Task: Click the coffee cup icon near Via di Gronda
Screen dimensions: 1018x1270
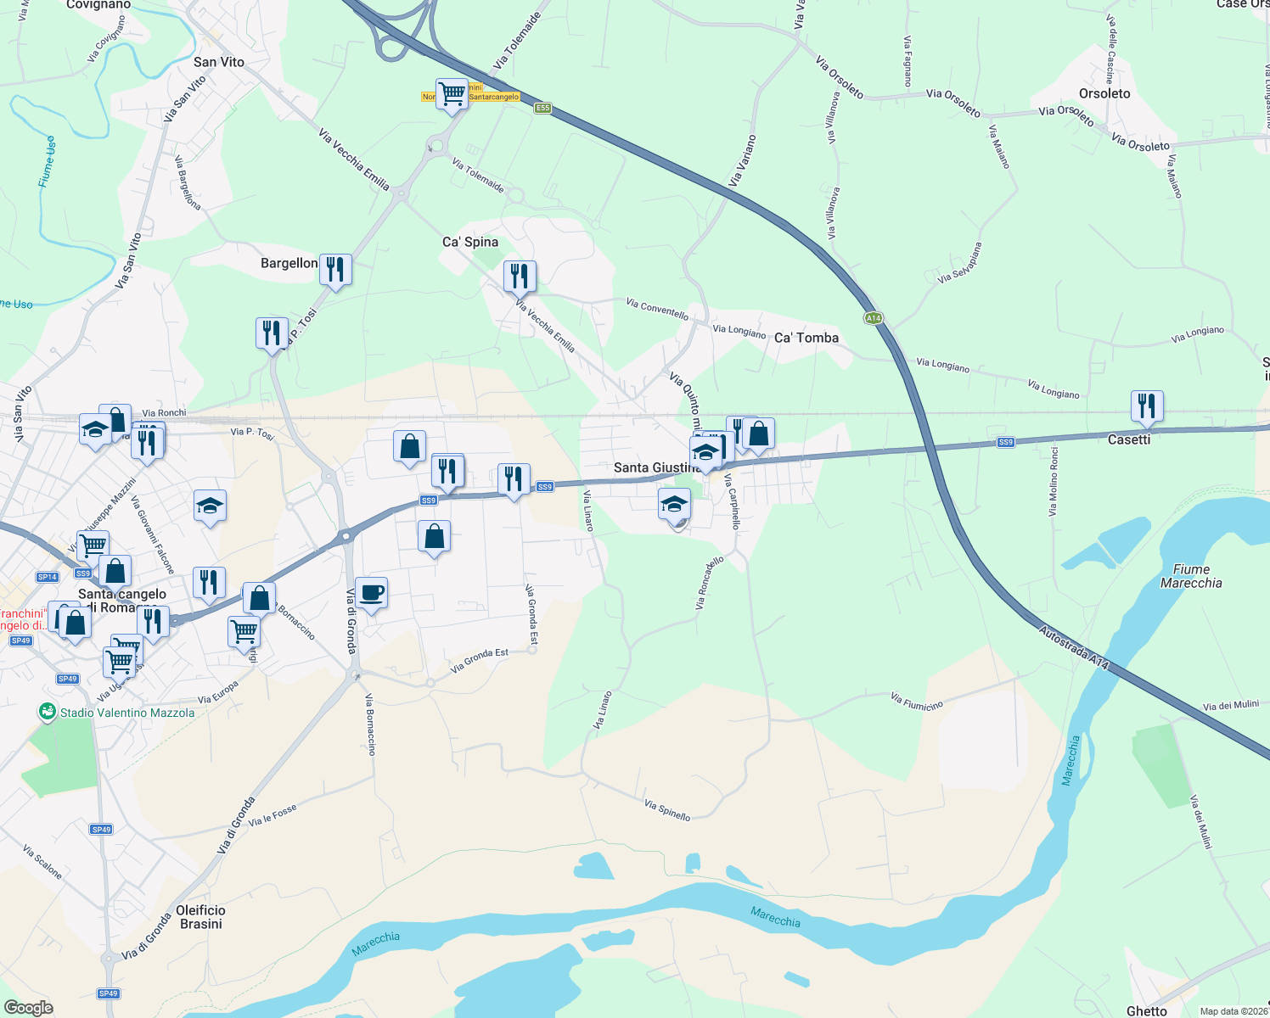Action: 371,593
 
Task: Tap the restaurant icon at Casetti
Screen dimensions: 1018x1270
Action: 1147,406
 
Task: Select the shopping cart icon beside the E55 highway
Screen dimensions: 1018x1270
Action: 452,93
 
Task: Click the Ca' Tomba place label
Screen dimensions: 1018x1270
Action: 806,338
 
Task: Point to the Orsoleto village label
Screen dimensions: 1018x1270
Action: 1104,93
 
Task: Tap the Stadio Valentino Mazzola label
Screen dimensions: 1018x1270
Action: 126,713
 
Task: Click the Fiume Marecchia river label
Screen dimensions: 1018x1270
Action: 1190,576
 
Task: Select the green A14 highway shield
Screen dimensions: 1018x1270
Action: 874,318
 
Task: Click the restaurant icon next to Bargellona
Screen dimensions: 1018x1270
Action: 335,269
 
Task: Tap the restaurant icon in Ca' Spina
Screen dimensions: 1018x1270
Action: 520,276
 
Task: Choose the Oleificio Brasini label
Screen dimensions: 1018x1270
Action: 200,916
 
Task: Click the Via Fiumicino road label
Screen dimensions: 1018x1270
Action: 916,702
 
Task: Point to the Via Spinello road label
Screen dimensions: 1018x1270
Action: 666,810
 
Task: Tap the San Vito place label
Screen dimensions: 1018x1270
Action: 218,62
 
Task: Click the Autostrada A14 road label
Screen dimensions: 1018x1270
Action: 1074,648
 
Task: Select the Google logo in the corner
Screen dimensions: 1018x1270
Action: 28,1008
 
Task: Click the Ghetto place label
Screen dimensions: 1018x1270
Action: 1146,1010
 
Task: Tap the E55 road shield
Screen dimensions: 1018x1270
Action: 542,108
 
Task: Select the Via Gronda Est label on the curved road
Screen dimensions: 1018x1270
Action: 480,661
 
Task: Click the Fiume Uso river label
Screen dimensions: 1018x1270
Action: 48,161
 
